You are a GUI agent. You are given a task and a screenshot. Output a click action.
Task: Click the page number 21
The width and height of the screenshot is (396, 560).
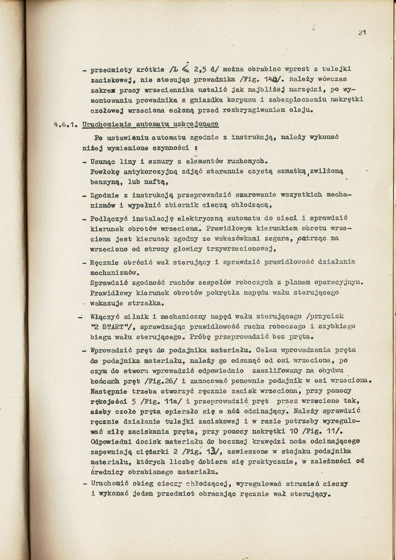pos(362,33)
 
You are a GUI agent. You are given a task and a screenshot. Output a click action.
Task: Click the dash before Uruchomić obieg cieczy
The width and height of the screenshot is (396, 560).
pos(85,484)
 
